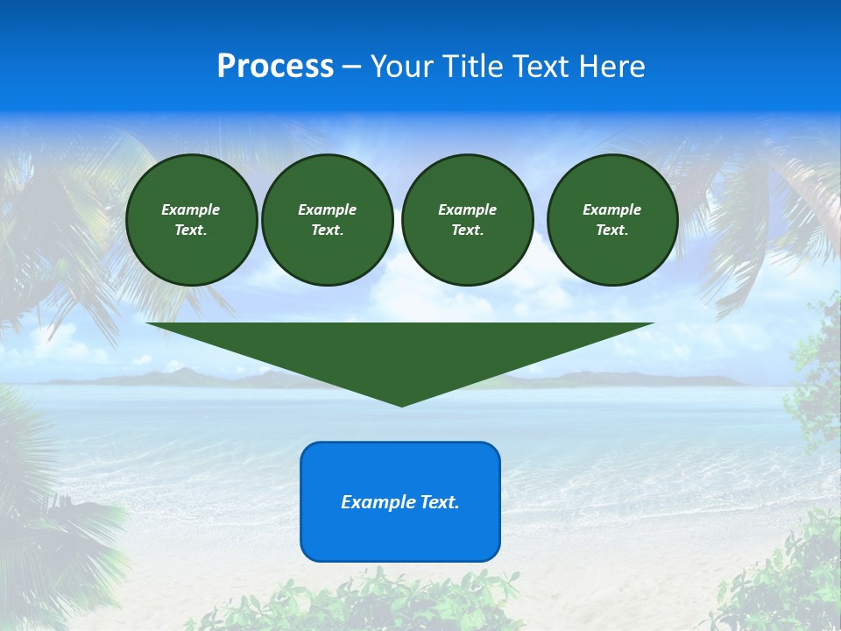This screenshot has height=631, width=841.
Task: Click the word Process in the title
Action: point(275,67)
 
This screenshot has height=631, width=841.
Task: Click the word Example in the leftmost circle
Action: point(191,209)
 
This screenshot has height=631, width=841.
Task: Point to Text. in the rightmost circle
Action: point(611,230)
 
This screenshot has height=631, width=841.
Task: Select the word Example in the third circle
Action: point(467,209)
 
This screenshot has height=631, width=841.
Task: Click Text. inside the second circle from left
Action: point(327,230)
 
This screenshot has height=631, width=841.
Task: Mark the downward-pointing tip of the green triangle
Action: point(401,404)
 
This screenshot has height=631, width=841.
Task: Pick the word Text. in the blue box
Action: point(440,502)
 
